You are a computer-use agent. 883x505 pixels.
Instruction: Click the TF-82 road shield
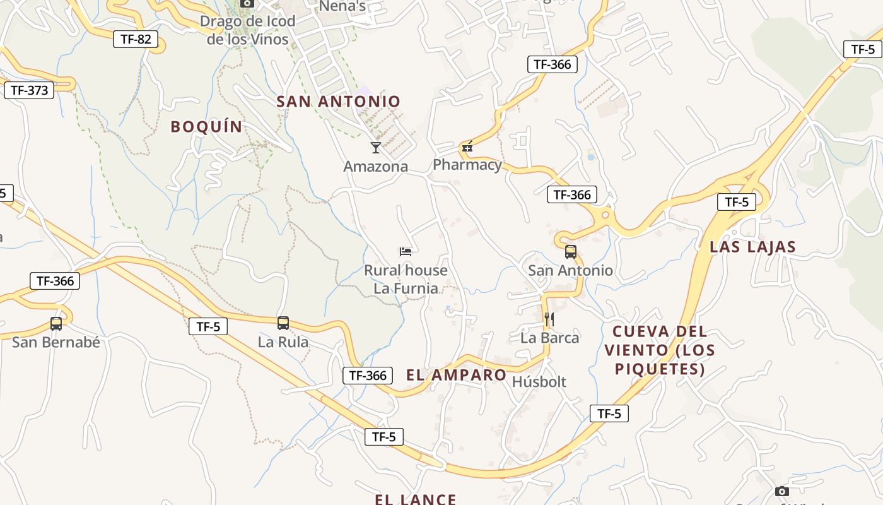[136, 39]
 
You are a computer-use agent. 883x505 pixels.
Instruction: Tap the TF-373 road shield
[29, 90]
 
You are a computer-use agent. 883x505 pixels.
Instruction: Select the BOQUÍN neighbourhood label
[207, 126]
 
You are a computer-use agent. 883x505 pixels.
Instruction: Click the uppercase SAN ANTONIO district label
[339, 101]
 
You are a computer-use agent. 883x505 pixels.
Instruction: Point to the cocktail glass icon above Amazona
[376, 148]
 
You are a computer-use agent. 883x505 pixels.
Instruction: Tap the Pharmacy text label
[467, 165]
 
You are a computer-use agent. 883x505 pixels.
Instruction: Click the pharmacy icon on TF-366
[467, 148]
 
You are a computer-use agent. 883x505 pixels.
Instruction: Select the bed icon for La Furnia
[406, 252]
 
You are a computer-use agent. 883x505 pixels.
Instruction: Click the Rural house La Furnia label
[406, 279]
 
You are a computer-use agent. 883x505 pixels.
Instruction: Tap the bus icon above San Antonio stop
[571, 252]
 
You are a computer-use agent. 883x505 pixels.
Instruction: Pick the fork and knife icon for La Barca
[549, 319]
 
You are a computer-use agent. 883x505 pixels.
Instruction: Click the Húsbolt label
[539, 382]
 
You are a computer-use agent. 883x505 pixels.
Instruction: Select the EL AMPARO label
[457, 375]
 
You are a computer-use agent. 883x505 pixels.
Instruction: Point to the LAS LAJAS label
[753, 247]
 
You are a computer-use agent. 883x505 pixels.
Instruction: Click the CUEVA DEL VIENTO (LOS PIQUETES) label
[660, 350]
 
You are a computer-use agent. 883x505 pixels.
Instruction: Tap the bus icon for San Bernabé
[56, 324]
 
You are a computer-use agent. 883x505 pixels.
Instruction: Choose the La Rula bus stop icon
[283, 323]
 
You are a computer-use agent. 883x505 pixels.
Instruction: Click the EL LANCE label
[416, 499]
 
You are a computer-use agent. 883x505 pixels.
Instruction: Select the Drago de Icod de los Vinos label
[247, 30]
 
